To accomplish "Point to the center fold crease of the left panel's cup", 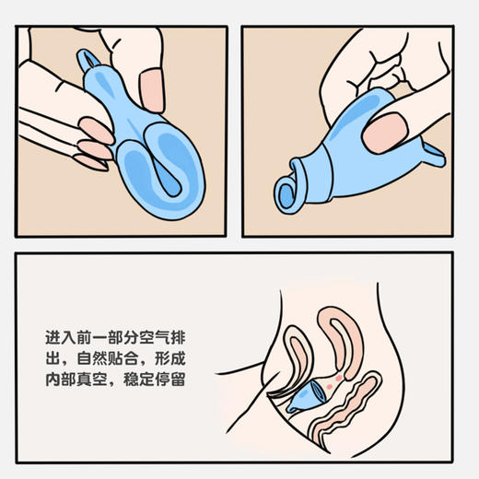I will [x=158, y=171].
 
